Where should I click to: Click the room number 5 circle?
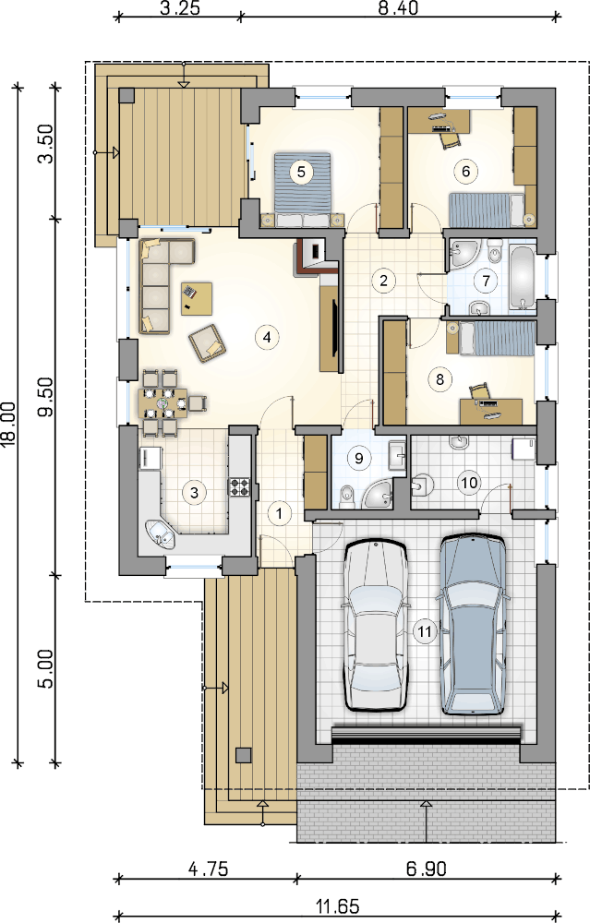(301, 172)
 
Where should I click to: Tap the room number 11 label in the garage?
(424, 632)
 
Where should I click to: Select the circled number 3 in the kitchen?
(194, 492)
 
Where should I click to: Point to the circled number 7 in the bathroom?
(486, 281)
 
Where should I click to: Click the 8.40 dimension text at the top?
(399, 9)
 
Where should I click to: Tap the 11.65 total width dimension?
(338, 905)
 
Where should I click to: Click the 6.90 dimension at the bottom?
(427, 869)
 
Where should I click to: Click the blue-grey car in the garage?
(474, 624)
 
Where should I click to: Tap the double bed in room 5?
(303, 189)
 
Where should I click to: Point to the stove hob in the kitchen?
(240, 486)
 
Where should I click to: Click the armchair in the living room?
(207, 343)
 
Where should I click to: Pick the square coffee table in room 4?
(197, 298)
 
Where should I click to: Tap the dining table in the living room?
(163, 403)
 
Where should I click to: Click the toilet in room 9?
(347, 496)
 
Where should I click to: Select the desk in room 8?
(491, 411)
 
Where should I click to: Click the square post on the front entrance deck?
(243, 755)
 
